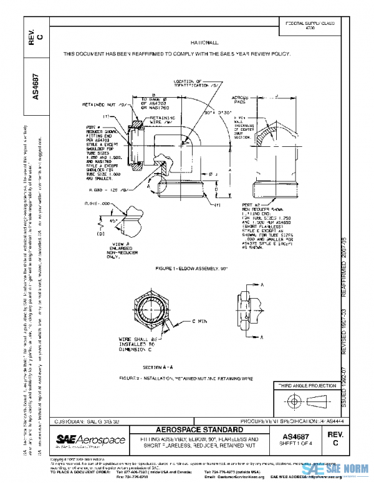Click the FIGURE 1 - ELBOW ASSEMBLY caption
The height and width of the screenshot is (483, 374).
[186, 268]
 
